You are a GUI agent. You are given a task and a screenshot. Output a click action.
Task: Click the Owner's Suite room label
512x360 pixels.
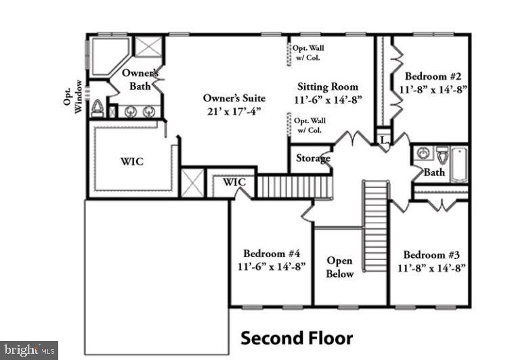tap(234, 98)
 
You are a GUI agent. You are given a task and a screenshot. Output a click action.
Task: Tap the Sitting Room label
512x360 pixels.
tap(328, 87)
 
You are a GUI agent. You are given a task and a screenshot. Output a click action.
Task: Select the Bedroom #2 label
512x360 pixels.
tap(433, 76)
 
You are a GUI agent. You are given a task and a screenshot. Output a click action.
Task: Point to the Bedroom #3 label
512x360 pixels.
tap(431, 254)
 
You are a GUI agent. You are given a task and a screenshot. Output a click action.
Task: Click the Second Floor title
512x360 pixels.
tap(297, 337)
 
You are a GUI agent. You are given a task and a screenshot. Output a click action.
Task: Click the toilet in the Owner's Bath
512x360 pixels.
tap(98, 109)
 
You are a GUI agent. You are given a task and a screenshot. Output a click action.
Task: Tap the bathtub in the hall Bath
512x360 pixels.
tap(458, 164)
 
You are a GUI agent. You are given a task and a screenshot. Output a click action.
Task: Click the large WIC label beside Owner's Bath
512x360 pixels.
tap(131, 162)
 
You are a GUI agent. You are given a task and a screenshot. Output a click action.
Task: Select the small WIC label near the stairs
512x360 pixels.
tap(234, 182)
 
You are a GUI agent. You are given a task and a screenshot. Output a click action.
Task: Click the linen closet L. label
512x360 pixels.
tap(383, 140)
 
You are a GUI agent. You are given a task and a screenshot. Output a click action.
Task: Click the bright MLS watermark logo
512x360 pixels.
tap(28, 350)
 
